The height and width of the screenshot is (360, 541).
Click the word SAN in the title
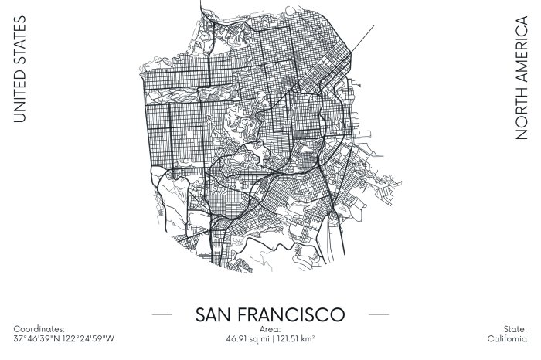tap(215, 315)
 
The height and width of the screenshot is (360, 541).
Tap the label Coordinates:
tap(39, 329)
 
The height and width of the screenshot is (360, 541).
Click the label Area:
tap(270, 329)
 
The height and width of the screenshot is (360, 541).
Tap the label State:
tap(515, 329)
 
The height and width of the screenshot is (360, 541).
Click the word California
tap(507, 338)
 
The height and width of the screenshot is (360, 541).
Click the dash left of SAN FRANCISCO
tap(162, 315)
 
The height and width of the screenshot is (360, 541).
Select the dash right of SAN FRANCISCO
tap(379, 315)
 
